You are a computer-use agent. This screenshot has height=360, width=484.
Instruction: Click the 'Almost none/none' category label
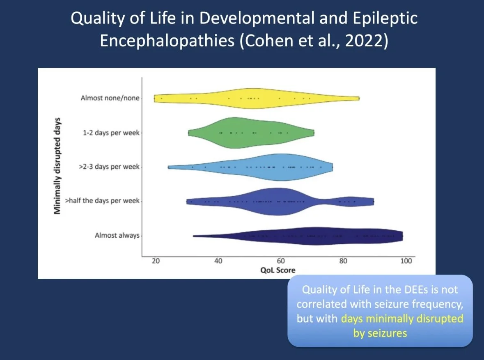pyautogui.click(x=110, y=98)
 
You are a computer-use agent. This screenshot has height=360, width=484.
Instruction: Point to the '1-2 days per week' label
pyautogui.click(x=111, y=133)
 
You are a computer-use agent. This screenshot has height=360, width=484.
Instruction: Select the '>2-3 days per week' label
pyautogui.click(x=109, y=167)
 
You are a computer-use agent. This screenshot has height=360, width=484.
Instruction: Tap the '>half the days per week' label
pyautogui.click(x=102, y=201)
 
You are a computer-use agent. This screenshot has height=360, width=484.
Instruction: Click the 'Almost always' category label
pyautogui.click(x=117, y=235)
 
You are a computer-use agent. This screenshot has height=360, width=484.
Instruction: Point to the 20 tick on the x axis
pyautogui.click(x=156, y=261)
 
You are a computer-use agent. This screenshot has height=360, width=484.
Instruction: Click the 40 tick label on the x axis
pyautogui.click(x=218, y=261)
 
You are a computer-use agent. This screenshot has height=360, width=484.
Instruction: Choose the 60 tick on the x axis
pyautogui.click(x=281, y=261)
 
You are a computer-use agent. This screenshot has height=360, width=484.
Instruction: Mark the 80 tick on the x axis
pyautogui.click(x=343, y=261)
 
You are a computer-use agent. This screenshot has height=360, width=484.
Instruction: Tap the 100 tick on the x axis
pyautogui.click(x=406, y=261)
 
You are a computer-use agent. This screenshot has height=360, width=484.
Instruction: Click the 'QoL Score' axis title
pyautogui.click(x=278, y=270)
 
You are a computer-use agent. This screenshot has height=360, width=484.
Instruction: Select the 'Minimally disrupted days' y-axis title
pyautogui.click(x=57, y=166)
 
